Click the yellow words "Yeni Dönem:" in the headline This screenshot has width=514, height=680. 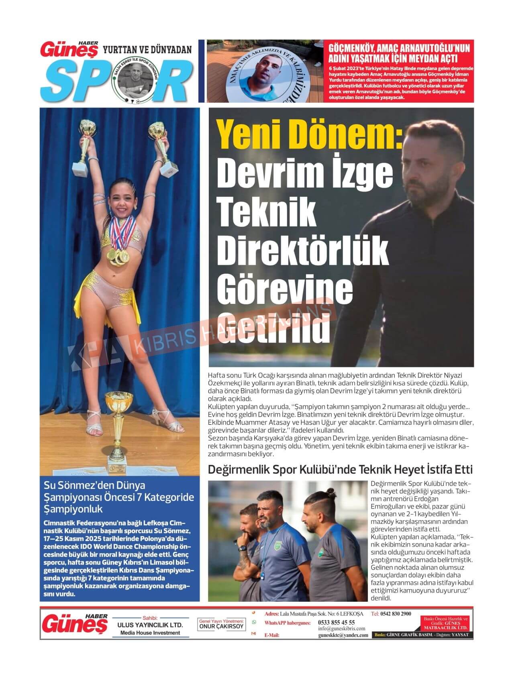pyautogui.click(x=309, y=137)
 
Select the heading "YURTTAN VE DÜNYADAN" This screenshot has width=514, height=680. pyautogui.click(x=147, y=49)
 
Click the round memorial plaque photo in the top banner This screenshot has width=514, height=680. pyautogui.click(x=265, y=71)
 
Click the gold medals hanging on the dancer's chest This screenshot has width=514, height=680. pyautogui.click(x=115, y=256)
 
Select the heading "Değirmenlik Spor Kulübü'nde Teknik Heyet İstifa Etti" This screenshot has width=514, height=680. pyautogui.click(x=340, y=470)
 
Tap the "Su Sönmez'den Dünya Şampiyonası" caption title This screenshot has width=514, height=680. pyautogui.click(x=119, y=497)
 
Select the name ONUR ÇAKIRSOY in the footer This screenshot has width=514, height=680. pyautogui.click(x=222, y=627)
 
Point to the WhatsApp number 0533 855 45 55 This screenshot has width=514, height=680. pyautogui.click(x=336, y=623)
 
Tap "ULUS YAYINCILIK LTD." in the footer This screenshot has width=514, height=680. pyautogui.click(x=150, y=625)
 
